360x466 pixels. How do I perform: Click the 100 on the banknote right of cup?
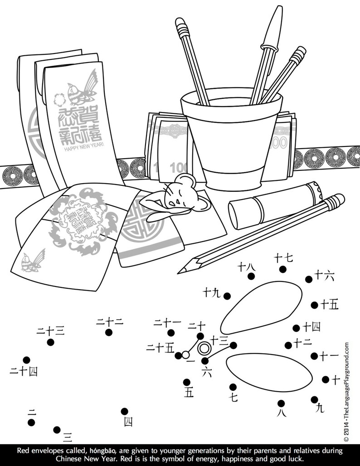click(280, 143)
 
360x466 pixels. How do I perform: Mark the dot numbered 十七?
click(282, 269)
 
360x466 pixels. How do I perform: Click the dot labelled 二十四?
click(27, 360)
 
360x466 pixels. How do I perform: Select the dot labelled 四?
click(124, 412)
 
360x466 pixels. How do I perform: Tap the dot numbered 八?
click(281, 403)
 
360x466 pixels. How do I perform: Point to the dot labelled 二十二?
click(109, 332)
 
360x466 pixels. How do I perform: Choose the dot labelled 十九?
click(227, 296)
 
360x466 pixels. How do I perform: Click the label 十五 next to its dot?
click(330, 305)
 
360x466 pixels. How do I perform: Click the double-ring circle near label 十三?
click(204, 348)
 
